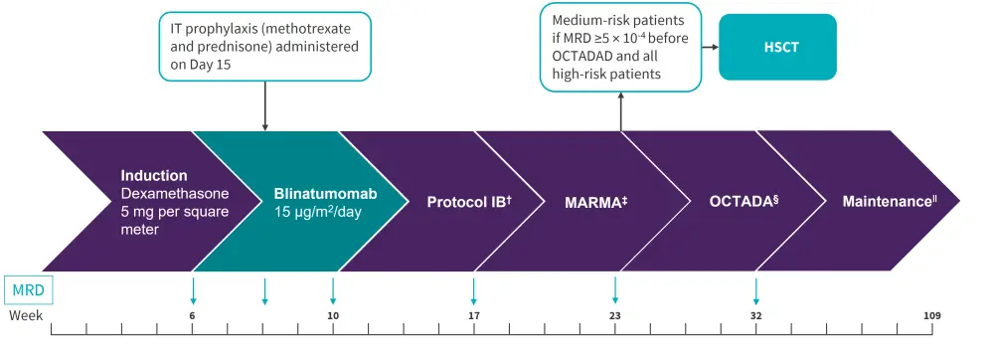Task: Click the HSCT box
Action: coord(777,47)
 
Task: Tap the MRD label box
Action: coord(29,292)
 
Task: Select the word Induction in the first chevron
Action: coord(154,176)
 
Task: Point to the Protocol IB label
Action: coord(470,202)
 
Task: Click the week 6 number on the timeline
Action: coord(192,315)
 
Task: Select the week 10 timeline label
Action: coord(333,315)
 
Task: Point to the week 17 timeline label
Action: coord(473,315)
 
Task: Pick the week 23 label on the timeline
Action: coord(615,315)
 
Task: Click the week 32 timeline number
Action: coord(755,315)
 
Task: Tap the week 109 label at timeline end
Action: coord(931,315)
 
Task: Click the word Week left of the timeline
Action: coord(26,315)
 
